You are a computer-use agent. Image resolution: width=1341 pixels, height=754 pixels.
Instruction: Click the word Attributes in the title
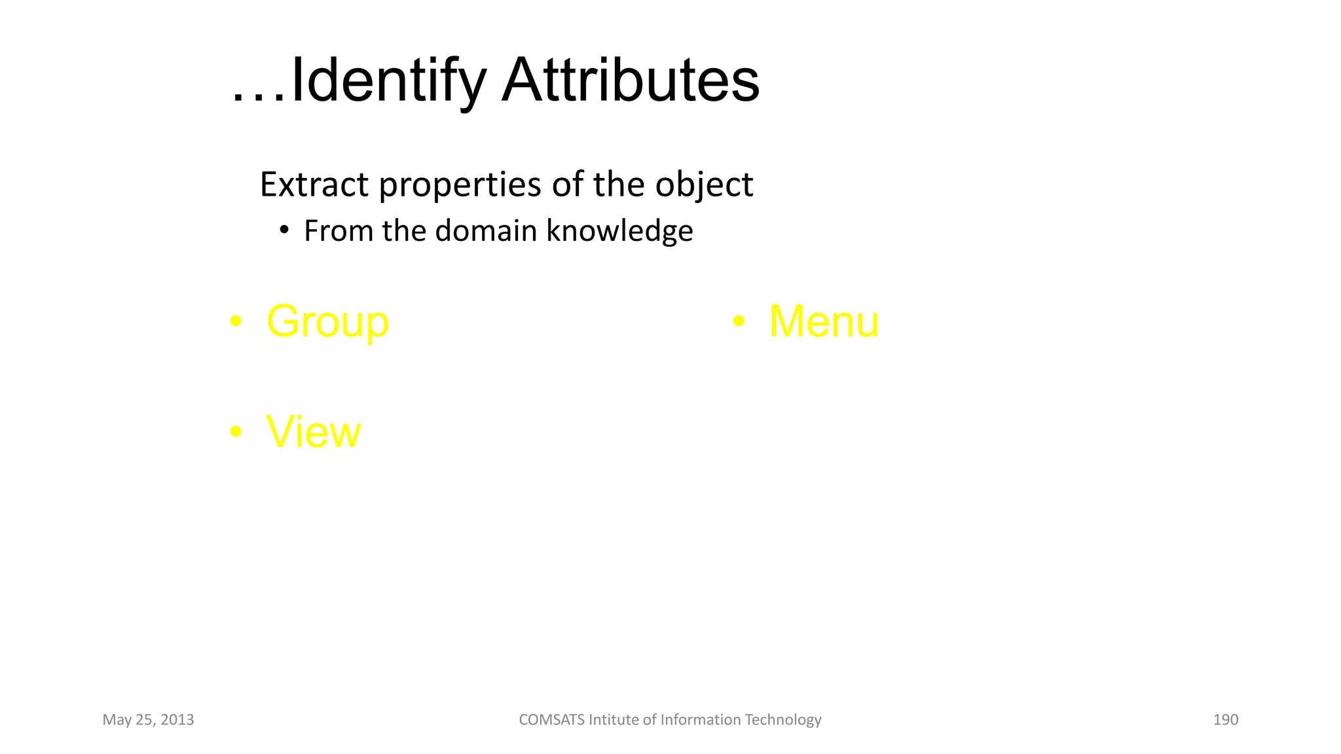pyautogui.click(x=630, y=81)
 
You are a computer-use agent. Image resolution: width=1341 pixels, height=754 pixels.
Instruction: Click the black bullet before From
pyautogui.click(x=284, y=230)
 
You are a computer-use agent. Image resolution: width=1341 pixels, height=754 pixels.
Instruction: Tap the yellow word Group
pyautogui.click(x=327, y=322)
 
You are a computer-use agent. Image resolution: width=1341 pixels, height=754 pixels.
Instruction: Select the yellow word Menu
pyautogui.click(x=824, y=321)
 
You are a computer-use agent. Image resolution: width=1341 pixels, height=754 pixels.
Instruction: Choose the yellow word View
pyautogui.click(x=313, y=432)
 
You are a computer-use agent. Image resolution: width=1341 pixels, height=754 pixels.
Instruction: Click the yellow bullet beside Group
pyautogui.click(x=236, y=321)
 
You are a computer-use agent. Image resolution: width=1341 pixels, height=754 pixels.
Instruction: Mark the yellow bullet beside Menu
pyautogui.click(x=739, y=321)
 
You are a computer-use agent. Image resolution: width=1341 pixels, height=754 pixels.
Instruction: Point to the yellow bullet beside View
pyautogui.click(x=236, y=432)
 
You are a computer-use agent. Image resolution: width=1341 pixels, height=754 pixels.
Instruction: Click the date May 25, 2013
pyautogui.click(x=148, y=720)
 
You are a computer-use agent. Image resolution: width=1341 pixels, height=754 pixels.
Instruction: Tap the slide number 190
pyautogui.click(x=1225, y=720)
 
